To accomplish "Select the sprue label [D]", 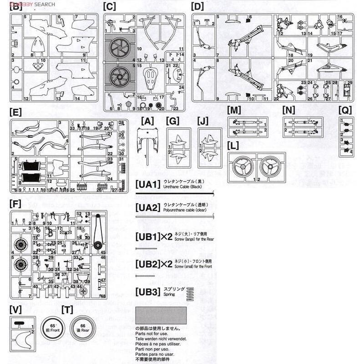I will coord(198,7).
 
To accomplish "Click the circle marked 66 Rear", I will coord(82,329).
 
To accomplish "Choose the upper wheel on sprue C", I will coord(120,47).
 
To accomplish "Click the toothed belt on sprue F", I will coord(96,233).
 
